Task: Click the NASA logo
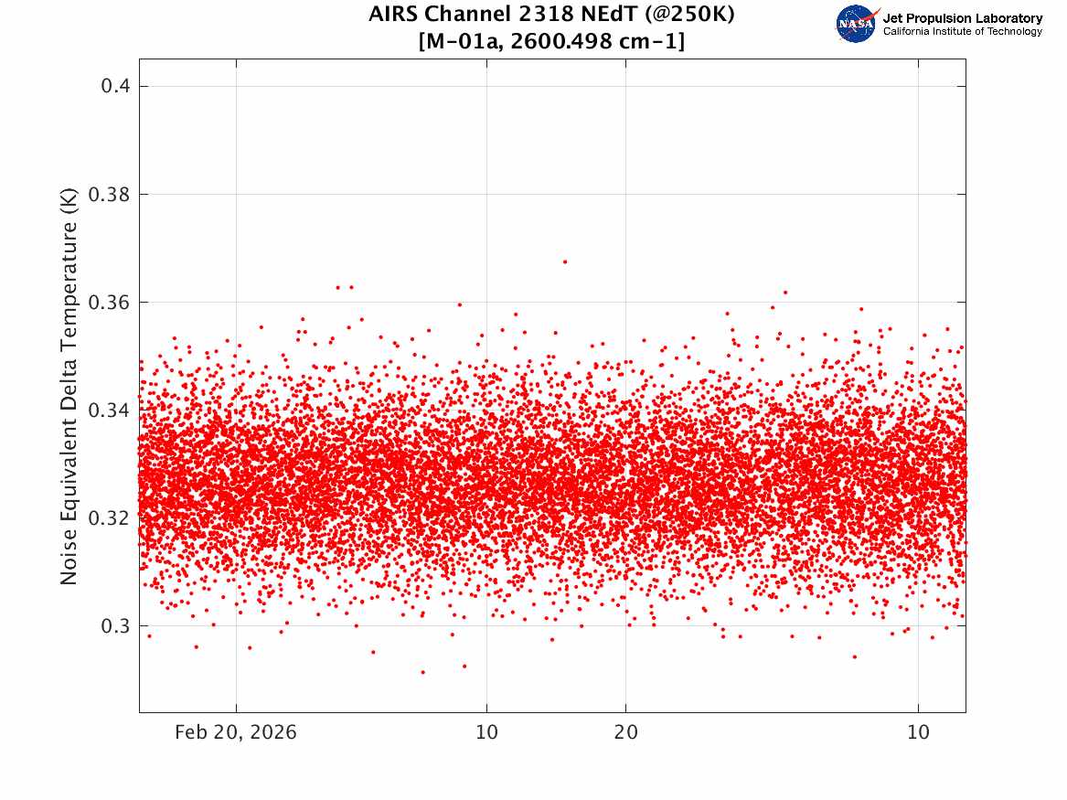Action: (x=857, y=24)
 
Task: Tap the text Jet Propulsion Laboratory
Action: (x=962, y=18)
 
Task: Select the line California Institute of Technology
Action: (x=962, y=31)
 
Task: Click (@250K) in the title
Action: (x=690, y=15)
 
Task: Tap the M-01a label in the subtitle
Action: (x=464, y=41)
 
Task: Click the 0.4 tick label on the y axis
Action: (x=116, y=86)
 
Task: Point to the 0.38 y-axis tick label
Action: (x=109, y=195)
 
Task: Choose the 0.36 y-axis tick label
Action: (x=109, y=302)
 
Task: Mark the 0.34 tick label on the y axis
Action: (x=109, y=411)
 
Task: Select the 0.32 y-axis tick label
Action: (x=109, y=518)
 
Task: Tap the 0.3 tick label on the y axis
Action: (x=116, y=626)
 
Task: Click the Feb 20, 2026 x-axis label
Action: (x=236, y=732)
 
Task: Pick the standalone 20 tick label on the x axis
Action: (x=626, y=732)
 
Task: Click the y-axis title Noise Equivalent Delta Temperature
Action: (x=69, y=386)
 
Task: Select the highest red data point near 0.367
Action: (x=565, y=261)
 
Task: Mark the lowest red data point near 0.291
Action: (x=422, y=672)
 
